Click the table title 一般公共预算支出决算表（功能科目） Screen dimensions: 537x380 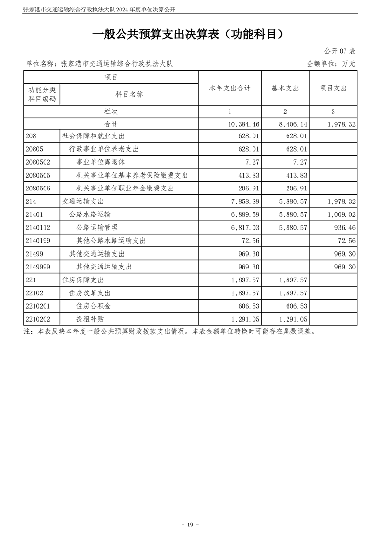click(190, 34)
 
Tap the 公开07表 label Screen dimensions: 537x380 click(339, 51)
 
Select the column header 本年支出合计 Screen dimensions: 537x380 click(230, 88)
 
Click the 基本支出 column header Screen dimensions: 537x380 click(285, 88)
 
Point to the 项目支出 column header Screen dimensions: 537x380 click(333, 88)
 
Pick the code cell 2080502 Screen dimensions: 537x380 click(40, 162)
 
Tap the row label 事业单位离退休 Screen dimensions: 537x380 click(97, 162)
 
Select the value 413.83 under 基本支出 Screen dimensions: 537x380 click(296, 175)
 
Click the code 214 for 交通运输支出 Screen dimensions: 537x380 click(32, 201)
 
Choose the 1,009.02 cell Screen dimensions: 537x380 click(342, 214)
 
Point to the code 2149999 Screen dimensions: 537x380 click(40, 267)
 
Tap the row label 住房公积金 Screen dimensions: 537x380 click(93, 305)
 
